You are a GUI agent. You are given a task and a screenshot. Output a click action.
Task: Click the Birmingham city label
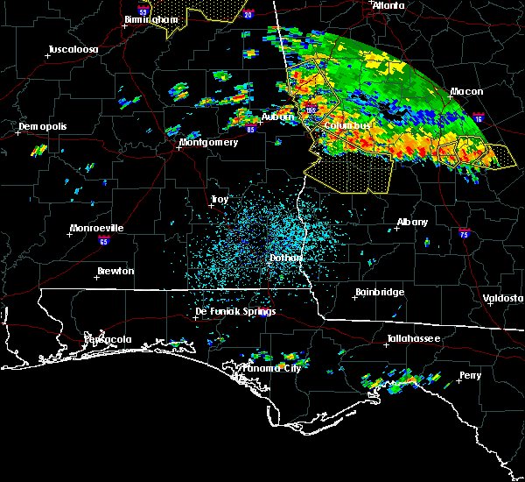click(147, 18)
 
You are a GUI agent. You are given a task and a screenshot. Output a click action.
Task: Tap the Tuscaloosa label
click(72, 49)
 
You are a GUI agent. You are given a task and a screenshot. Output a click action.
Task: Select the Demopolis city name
click(43, 126)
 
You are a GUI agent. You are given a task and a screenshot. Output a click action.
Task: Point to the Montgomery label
click(208, 142)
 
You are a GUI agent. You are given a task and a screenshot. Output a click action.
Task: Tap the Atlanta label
click(388, 5)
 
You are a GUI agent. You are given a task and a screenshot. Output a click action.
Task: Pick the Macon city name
click(466, 91)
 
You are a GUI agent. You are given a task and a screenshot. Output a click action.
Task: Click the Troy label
click(219, 200)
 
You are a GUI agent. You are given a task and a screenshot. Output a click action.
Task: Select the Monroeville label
click(96, 229)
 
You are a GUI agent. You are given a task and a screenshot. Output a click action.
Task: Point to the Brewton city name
click(115, 271)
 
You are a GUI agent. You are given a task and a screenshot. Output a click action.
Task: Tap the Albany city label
click(413, 223)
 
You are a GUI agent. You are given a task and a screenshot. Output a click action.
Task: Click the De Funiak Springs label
click(234, 311)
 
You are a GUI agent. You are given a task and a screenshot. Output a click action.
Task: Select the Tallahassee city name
click(414, 338)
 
